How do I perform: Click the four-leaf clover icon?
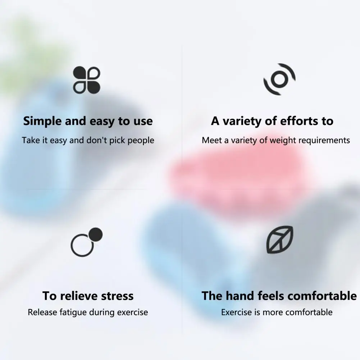[x=87, y=80]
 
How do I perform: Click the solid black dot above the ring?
[x=96, y=234]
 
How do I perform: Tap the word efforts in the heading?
[x=299, y=121]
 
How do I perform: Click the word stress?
[x=117, y=296]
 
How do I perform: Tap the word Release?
[x=42, y=312]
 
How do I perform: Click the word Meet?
[x=212, y=140]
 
